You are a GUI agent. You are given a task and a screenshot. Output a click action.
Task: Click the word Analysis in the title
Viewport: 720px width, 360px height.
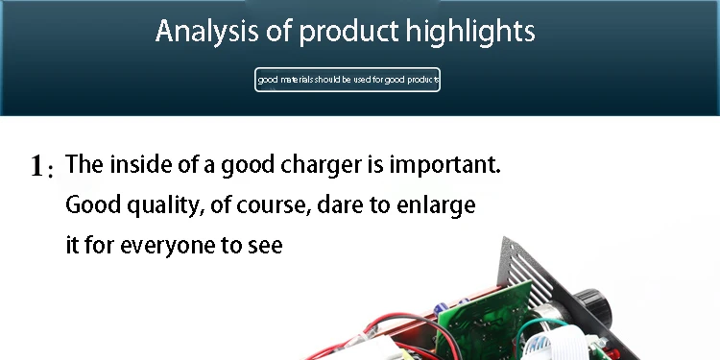click(206, 32)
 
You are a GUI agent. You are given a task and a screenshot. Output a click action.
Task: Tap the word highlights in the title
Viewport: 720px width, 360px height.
click(470, 32)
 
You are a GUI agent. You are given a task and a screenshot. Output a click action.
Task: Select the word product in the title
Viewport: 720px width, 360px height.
click(348, 32)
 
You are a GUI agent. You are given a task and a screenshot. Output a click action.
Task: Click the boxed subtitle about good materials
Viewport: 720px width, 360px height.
click(348, 80)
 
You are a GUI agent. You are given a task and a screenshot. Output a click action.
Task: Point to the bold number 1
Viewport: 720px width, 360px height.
click(37, 166)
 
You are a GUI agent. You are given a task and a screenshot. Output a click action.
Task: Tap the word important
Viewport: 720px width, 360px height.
click(444, 165)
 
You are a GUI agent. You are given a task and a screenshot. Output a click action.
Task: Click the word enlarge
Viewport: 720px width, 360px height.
click(436, 205)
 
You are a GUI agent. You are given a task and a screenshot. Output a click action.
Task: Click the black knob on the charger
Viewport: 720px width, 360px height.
click(593, 306)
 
